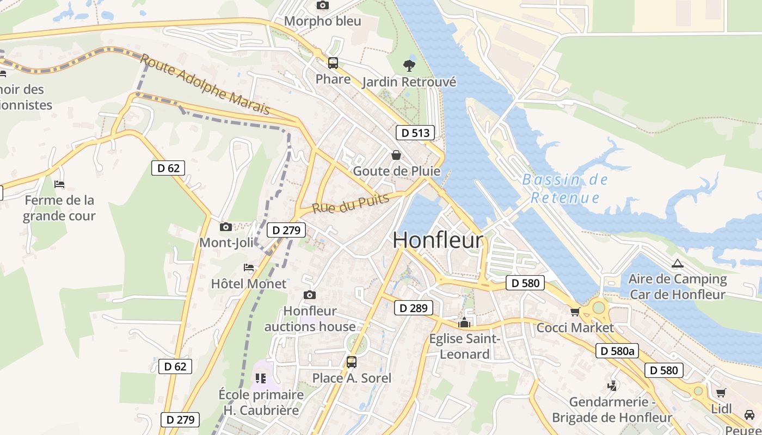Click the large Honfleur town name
tap(438, 240)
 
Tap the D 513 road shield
tap(415, 133)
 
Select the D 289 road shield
tap(413, 308)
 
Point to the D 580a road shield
tap(618, 351)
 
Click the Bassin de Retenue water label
tap(565, 188)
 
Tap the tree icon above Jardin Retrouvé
tap(409, 66)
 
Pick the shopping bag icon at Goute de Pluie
tap(396, 155)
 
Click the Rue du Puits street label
tap(351, 203)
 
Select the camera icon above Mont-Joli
tap(226, 227)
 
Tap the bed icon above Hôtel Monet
tap(249, 268)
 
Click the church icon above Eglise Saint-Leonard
tap(464, 322)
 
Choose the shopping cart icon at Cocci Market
tap(575, 312)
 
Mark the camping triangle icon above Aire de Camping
tap(677, 264)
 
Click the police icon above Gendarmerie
tap(612, 386)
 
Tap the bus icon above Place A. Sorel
tap(352, 362)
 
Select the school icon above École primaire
tap(261, 378)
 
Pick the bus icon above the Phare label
tap(333, 63)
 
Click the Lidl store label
tap(722, 409)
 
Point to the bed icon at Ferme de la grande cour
tap(59, 184)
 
